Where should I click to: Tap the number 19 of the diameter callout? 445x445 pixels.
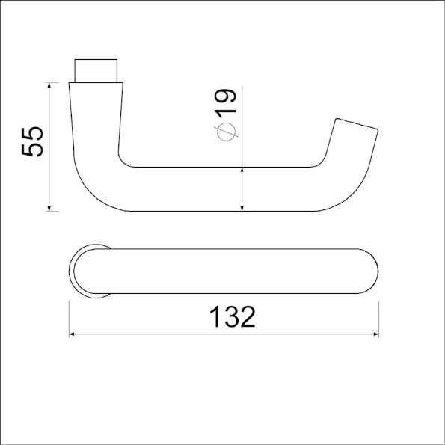click(225, 102)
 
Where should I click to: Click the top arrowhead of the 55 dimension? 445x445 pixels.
click(49, 87)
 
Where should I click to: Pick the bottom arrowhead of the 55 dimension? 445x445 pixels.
click(49, 206)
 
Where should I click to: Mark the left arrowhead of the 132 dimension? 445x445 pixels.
click(73, 334)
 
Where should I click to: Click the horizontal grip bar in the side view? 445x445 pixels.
click(224, 188)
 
